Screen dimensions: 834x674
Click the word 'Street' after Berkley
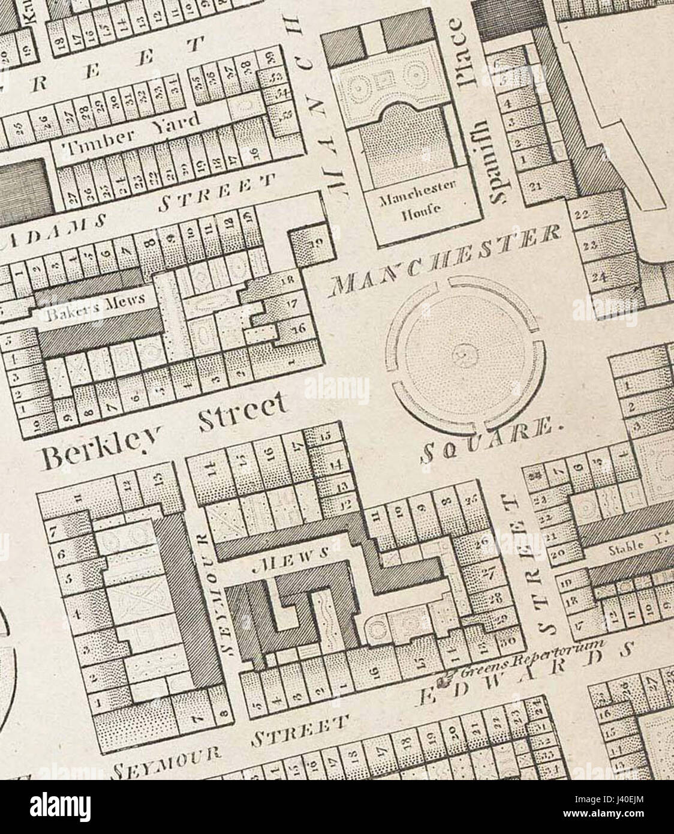click(242, 417)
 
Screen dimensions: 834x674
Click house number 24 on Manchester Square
click(600, 277)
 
